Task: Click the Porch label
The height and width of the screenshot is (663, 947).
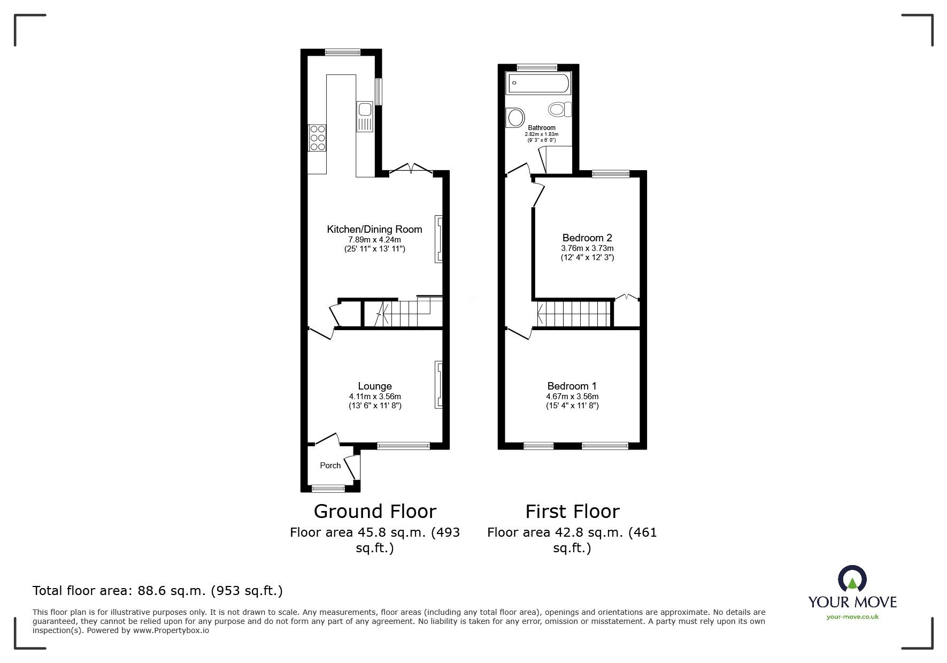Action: tap(330, 466)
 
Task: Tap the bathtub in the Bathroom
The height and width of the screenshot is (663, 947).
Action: tap(538, 83)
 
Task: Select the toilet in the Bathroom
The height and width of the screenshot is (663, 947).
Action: tap(559, 110)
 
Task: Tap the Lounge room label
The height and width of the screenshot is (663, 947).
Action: tap(375, 386)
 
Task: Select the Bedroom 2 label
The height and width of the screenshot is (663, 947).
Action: tap(587, 238)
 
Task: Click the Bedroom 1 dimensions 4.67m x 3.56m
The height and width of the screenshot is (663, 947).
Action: tap(572, 397)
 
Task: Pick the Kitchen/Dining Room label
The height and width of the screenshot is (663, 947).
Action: tap(374, 230)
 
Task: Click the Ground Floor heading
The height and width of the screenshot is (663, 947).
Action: tap(374, 512)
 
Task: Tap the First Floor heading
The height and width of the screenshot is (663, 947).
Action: tap(572, 512)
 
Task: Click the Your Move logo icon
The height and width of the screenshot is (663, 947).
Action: tap(852, 580)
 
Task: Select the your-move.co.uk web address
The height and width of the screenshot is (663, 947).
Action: tap(852, 617)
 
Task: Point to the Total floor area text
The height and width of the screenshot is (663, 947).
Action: tap(158, 591)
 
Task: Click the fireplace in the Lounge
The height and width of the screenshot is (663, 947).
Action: tap(439, 384)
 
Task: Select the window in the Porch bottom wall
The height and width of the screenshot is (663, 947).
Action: tap(328, 487)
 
